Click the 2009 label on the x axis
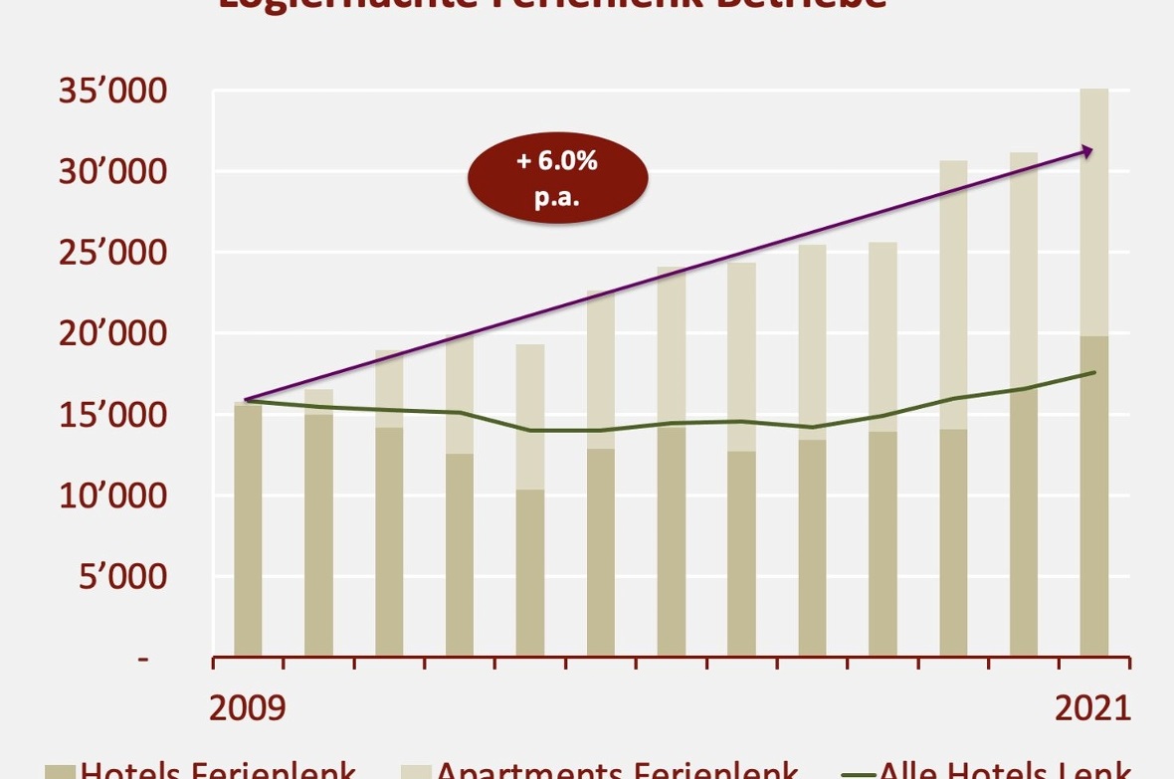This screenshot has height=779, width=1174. click(247, 708)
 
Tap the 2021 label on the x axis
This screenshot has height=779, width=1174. click(1092, 708)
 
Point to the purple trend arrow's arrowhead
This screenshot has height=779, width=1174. click(1088, 151)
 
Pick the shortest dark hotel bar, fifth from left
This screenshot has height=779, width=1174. click(529, 572)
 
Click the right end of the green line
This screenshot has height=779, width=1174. click(1094, 372)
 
